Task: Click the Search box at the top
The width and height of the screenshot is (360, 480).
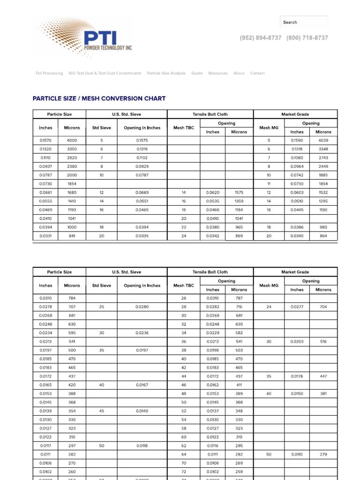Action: [304, 22]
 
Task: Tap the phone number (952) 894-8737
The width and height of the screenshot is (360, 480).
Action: [261, 38]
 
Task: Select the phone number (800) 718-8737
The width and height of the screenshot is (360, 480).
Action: [307, 38]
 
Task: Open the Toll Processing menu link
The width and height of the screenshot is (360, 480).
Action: [49, 73]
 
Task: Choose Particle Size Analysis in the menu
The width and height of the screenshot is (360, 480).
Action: [166, 73]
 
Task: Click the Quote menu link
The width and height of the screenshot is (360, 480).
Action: [197, 73]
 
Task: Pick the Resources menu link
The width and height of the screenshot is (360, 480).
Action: [218, 73]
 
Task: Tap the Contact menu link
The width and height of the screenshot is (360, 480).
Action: [257, 73]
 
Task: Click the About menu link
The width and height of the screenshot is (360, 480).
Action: [239, 73]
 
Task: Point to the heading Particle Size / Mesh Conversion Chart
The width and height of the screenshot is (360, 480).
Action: [99, 98]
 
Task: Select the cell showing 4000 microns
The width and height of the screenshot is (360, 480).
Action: [72, 140]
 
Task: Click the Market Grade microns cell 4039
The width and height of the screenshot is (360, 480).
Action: [323, 140]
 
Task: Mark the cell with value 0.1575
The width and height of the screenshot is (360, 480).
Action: [142, 140]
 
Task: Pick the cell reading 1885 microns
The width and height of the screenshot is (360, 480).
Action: [323, 175]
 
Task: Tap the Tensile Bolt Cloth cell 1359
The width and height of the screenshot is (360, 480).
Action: [239, 201]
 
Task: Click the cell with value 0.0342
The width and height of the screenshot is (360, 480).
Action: [213, 236]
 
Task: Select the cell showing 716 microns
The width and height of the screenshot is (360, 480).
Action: [239, 307]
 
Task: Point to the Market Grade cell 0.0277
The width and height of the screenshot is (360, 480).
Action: [297, 307]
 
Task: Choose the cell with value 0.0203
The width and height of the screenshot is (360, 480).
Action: [297, 342]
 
